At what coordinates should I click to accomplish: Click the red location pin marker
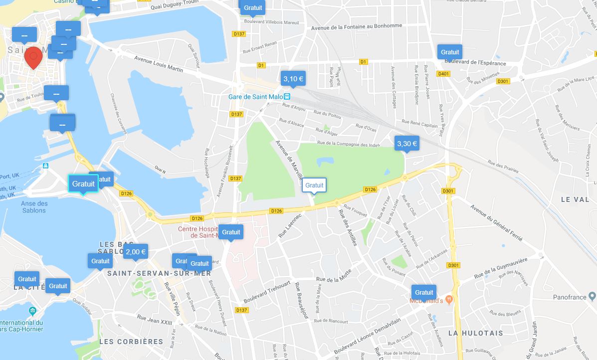pos(33,57)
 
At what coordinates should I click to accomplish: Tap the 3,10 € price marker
pos(293,78)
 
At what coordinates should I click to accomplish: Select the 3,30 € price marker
pos(406,144)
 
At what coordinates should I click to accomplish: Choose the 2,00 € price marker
pos(135,252)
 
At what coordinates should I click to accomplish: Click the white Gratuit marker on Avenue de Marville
pos(314,185)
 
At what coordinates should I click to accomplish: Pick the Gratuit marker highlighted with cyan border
pos(83,183)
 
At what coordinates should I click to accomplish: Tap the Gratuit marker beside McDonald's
pos(424,292)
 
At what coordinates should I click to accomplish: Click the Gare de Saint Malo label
pos(256,96)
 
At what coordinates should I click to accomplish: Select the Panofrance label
pos(570,297)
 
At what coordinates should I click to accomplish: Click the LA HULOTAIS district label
pos(475,333)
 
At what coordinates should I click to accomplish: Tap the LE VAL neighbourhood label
pos(575,199)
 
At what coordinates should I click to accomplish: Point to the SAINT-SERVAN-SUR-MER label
pos(159,273)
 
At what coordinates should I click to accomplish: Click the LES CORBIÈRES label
pos(131,342)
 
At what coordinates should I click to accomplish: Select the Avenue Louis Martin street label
pos(159,63)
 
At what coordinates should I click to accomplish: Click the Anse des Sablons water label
pos(34,207)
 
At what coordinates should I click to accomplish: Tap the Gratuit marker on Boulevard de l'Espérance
pos(449,52)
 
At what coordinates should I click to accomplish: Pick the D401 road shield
pos(443,74)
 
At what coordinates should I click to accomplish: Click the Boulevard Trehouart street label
pos(267,292)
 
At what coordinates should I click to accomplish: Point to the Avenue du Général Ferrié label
pos(496,223)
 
